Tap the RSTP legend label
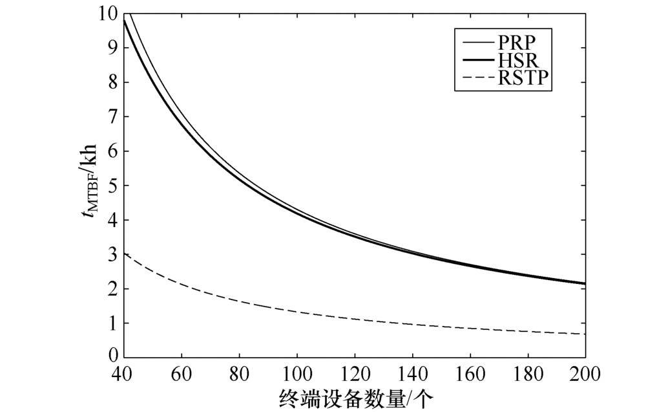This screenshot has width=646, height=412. pyautogui.click(x=523, y=80)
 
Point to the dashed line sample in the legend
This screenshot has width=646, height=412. pyautogui.click(x=476, y=80)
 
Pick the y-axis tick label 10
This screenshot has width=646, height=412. pyautogui.click(x=108, y=13)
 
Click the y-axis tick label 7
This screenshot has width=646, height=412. pyautogui.click(x=112, y=116)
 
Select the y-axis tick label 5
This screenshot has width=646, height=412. pyautogui.click(x=112, y=186)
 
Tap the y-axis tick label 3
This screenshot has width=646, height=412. pyautogui.click(x=112, y=254)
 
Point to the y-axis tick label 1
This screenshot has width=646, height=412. pyautogui.click(x=112, y=323)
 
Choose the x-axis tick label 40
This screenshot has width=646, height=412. pyautogui.click(x=123, y=374)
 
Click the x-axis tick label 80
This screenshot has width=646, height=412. pyautogui.click(x=239, y=374)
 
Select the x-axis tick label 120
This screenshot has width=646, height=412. pyautogui.click(x=354, y=374)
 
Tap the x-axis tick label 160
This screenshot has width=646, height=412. pyautogui.click(x=470, y=374)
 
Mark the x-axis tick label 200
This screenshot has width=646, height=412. pyautogui.click(x=585, y=374)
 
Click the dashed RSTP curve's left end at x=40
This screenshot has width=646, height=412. pyautogui.click(x=124, y=254)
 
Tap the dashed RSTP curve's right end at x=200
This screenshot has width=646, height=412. pyautogui.click(x=585, y=334)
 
